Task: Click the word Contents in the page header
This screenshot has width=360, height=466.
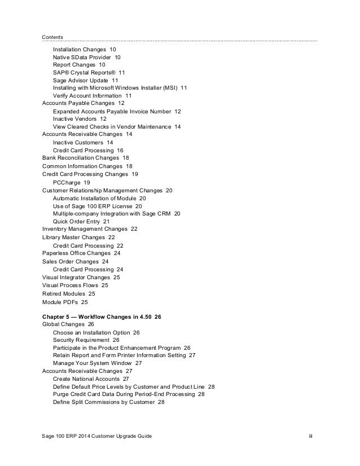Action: pos(52,37)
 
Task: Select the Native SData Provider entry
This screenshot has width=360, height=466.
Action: pos(86,57)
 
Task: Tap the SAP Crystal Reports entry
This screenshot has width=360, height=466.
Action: pos(89,73)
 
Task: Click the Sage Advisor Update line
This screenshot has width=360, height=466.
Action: pos(85,81)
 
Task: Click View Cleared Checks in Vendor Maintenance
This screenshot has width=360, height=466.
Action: pos(117,127)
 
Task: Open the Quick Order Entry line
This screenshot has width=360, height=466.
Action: pos(81,222)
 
